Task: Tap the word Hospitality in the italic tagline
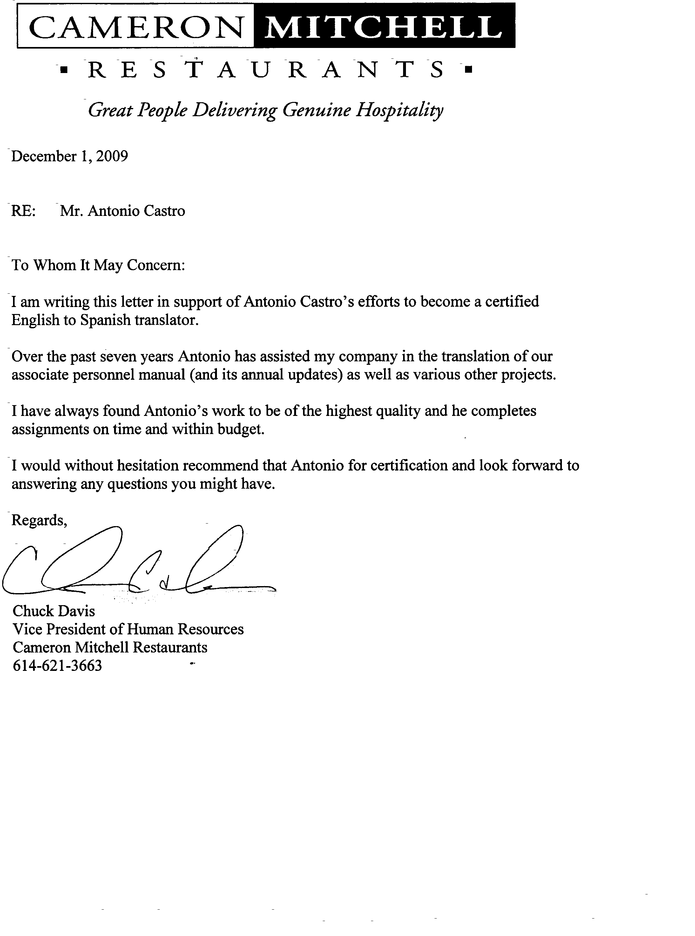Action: point(400,110)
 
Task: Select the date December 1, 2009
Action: point(70,157)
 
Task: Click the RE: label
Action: point(24,211)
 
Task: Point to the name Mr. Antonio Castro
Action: point(122,211)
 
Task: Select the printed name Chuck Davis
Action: point(54,611)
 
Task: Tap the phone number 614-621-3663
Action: point(57,665)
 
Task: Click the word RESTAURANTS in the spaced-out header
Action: point(266,70)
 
